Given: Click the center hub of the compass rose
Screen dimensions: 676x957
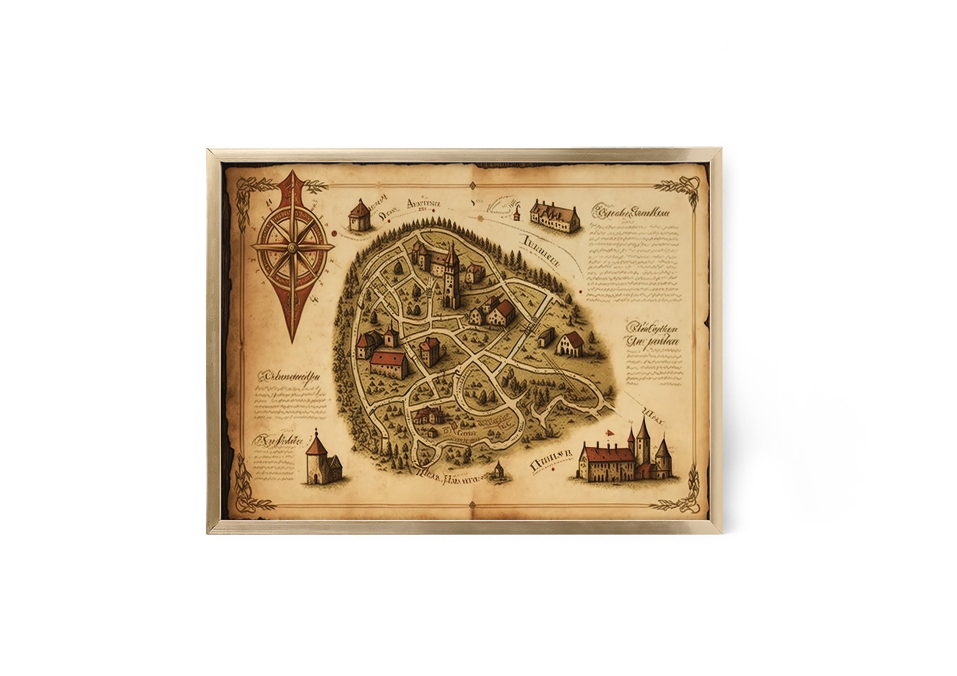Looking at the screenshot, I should pyautogui.click(x=292, y=248).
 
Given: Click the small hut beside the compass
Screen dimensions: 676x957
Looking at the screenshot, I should pyautogui.click(x=359, y=215).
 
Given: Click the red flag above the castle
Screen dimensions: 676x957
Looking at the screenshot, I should pyautogui.click(x=609, y=432).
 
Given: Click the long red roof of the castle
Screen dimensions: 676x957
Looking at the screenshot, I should pyautogui.click(x=609, y=454).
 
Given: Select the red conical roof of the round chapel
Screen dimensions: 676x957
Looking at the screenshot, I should pyautogui.click(x=316, y=446).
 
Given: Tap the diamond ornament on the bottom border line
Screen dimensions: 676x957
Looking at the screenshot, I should pyautogui.click(x=472, y=506).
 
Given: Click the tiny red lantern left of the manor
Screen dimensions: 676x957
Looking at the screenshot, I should pyautogui.click(x=517, y=214).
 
